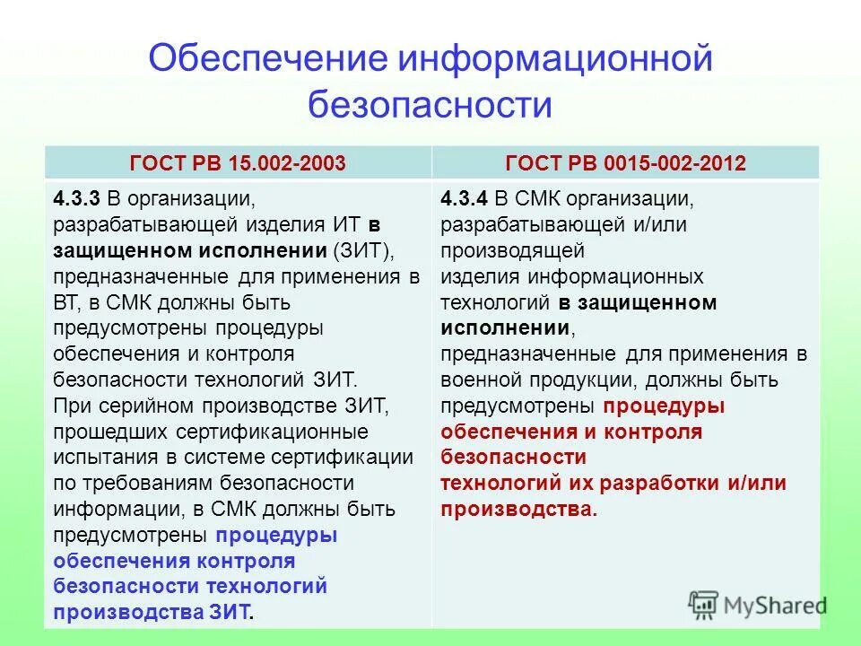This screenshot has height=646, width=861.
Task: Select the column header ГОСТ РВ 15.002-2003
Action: click(x=238, y=163)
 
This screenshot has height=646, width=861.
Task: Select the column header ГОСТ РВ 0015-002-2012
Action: click(x=625, y=163)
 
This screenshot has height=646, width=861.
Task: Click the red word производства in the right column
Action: click(x=516, y=510)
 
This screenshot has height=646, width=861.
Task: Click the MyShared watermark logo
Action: click(x=758, y=604)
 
